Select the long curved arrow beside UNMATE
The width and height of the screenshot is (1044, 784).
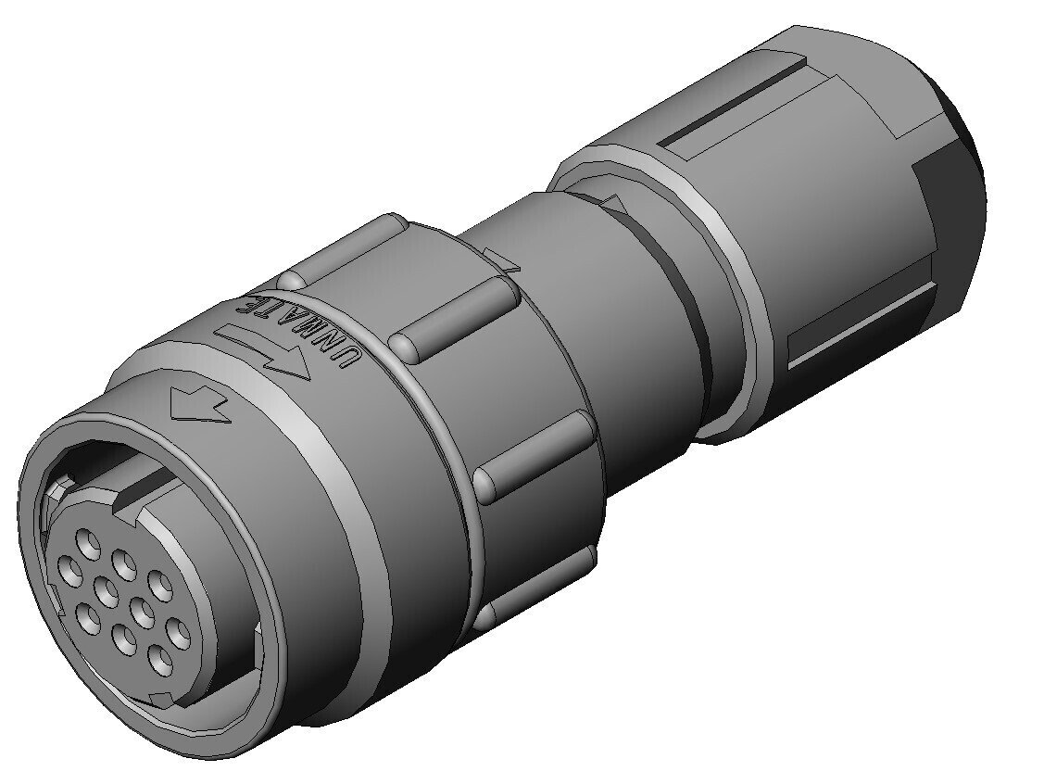coord(264,349)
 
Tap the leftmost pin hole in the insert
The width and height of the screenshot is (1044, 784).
coord(69,571)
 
